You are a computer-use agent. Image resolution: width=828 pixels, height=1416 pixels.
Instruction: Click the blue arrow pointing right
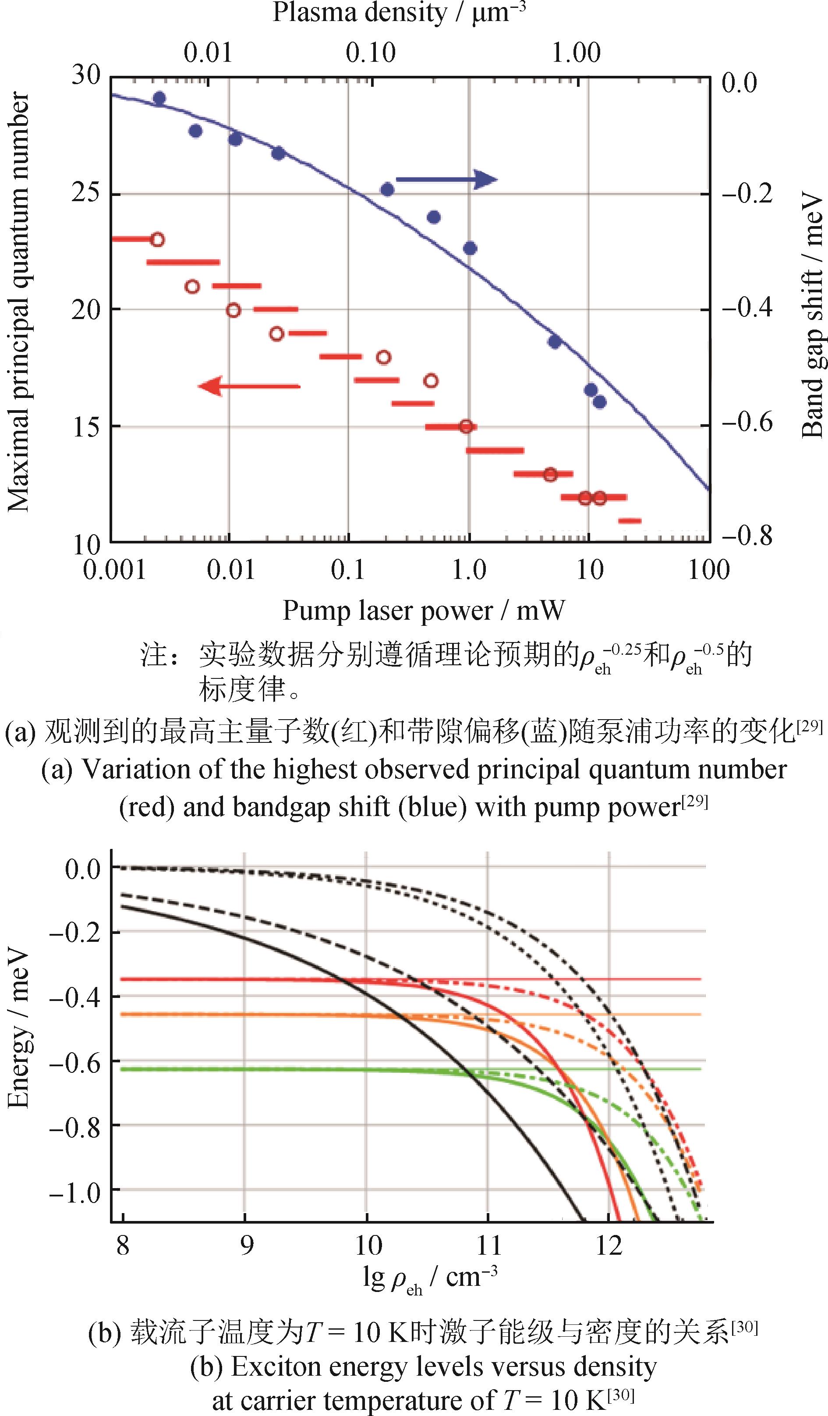coord(446,180)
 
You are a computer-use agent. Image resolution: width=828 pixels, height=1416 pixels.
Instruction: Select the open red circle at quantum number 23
coord(158,240)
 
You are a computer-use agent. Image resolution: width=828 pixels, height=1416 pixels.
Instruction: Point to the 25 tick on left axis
coord(86,193)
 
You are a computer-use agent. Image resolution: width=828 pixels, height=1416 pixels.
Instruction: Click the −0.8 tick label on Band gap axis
coord(747,535)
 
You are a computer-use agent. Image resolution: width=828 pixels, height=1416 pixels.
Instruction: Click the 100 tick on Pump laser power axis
coord(708,570)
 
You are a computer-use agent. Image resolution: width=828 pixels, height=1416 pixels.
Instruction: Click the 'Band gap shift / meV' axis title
coord(812,314)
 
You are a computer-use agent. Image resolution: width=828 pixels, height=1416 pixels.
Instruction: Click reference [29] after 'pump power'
coord(694,802)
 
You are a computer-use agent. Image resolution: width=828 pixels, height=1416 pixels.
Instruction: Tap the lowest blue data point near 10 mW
coord(599,402)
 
